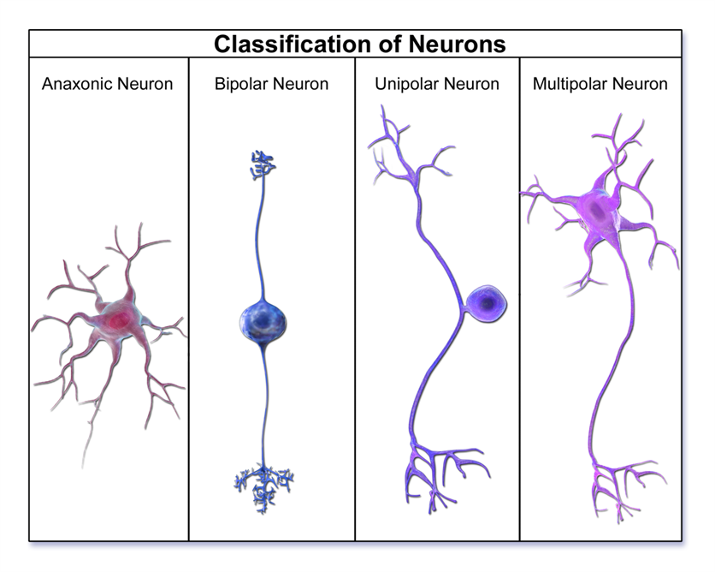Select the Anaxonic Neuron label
107,84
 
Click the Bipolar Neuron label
271,84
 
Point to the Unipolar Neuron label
437,84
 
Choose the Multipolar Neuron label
600,84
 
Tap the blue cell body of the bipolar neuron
263,320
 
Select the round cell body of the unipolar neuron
488,302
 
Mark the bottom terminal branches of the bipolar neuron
263,486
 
